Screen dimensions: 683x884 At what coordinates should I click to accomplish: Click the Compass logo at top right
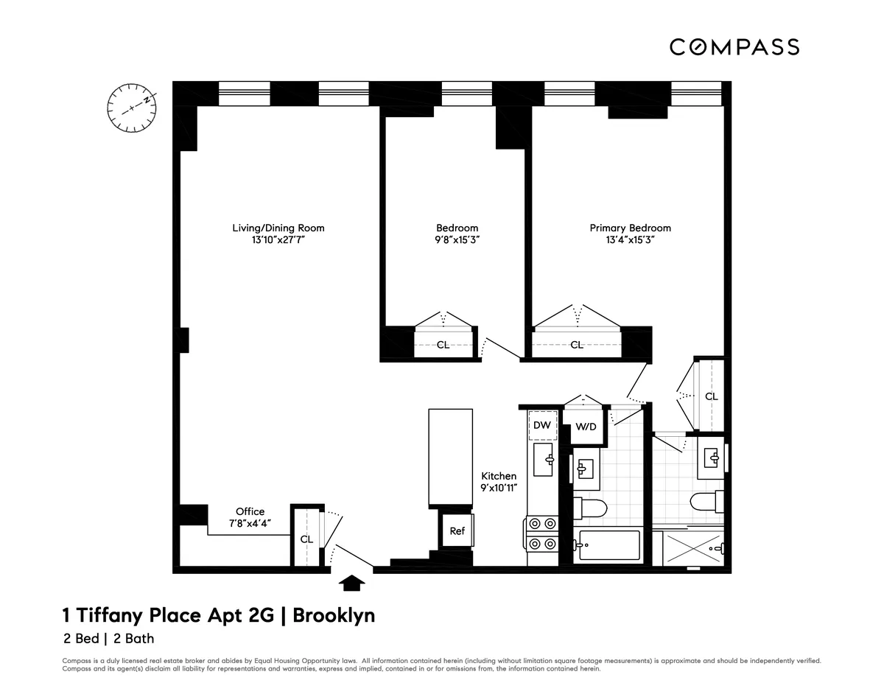coord(734,47)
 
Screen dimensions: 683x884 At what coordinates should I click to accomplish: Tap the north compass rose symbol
coord(133,108)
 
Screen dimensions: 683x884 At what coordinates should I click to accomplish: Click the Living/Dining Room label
coord(278,228)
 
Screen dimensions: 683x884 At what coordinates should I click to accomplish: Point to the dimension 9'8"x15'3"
coord(457,239)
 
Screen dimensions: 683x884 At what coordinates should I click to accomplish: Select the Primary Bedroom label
coord(630,228)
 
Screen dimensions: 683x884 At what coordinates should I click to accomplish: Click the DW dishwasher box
coord(542,426)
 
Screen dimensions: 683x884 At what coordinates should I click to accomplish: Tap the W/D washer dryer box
coord(585,427)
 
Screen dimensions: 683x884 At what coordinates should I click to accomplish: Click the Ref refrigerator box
coord(457,530)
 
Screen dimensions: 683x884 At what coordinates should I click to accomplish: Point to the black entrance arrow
coord(352,583)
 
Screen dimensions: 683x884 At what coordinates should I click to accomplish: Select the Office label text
coord(250,511)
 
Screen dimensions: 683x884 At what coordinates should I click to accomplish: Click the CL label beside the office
coord(306,539)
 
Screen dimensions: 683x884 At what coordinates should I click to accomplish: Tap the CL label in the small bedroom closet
coord(443,344)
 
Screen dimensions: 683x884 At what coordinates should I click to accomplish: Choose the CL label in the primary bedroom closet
coord(577,344)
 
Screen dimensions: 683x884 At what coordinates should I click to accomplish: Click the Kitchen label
coord(499,476)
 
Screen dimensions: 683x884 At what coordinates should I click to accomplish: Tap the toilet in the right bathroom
coord(704,502)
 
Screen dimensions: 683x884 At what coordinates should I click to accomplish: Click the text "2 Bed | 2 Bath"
coord(108,639)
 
